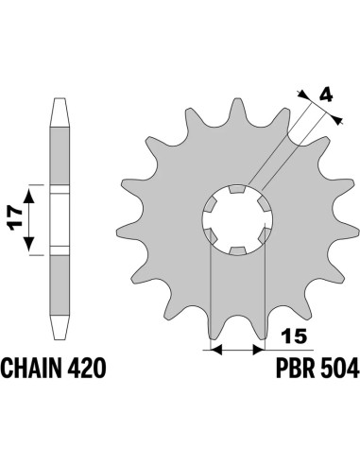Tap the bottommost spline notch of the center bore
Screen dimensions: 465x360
233,251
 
